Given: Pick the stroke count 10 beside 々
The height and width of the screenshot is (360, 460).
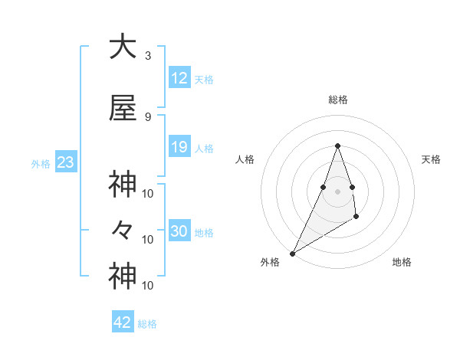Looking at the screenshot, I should pyautogui.click(x=148, y=240).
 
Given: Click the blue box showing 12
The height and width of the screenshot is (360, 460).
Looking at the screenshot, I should pyautogui.click(x=179, y=78).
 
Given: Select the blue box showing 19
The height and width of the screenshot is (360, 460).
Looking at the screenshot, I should pyautogui.click(x=179, y=147).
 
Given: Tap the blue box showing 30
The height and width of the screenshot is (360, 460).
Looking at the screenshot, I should pyautogui.click(x=179, y=231).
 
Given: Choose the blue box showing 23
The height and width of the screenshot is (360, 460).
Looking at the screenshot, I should pyautogui.click(x=64, y=162).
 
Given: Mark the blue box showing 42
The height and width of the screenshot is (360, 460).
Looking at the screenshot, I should pyautogui.click(x=123, y=322).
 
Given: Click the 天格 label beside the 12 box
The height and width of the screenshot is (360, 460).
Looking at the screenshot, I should pyautogui.click(x=204, y=79).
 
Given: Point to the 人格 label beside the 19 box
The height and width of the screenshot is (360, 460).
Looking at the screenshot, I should pyautogui.click(x=204, y=148).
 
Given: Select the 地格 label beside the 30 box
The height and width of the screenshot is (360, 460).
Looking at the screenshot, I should pyautogui.click(x=204, y=232).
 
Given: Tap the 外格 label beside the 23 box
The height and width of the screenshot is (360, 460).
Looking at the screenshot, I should pyautogui.click(x=41, y=163).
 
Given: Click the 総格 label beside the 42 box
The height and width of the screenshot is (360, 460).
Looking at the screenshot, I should pyautogui.click(x=147, y=324).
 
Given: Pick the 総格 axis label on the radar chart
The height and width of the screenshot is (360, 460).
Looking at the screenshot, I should pyautogui.click(x=337, y=100).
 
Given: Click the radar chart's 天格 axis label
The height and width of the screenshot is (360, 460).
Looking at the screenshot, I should pyautogui.click(x=432, y=159).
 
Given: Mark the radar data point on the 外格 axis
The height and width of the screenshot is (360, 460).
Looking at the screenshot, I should pyautogui.click(x=292, y=253).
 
